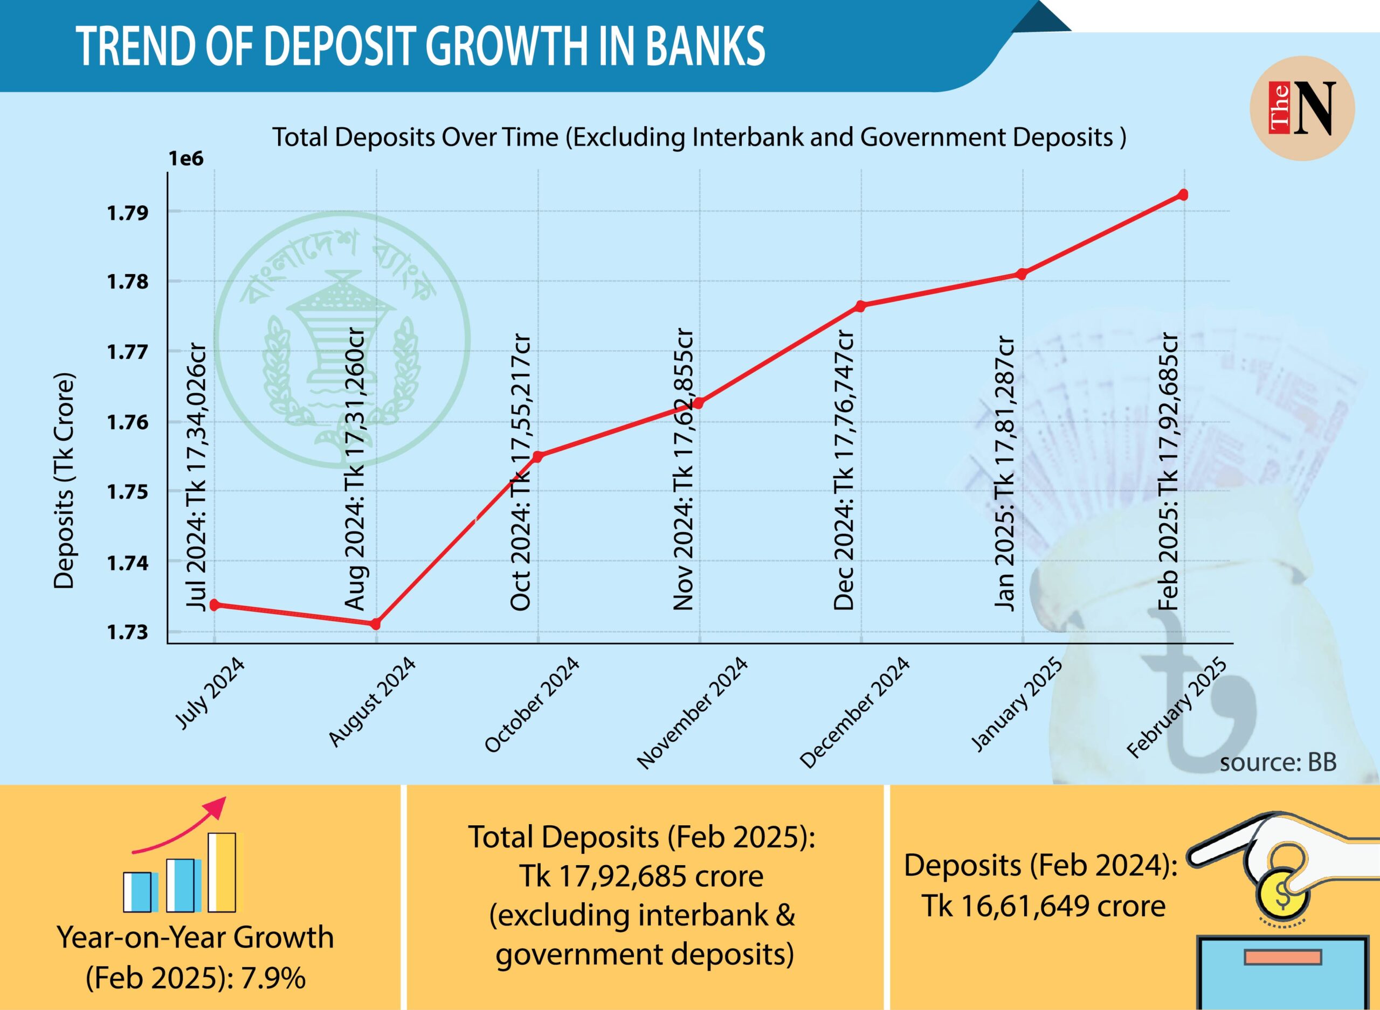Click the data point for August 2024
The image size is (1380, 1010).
tap(376, 624)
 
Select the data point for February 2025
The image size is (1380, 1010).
tap(1183, 195)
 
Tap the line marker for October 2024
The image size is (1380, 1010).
tap(537, 456)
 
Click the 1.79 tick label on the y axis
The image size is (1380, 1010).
tap(128, 213)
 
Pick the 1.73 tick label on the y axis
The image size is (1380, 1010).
tap(128, 632)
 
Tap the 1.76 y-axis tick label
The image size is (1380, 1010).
tap(128, 422)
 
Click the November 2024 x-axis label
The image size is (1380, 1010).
tap(693, 713)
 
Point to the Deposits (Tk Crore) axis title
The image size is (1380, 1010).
tap(64, 480)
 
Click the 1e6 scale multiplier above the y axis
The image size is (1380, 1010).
tap(186, 159)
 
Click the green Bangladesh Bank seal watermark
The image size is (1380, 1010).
tap(342, 340)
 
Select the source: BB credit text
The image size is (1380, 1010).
tap(1278, 763)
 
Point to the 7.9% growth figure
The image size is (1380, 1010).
tap(273, 978)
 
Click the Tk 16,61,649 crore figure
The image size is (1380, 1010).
tap(1044, 906)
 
